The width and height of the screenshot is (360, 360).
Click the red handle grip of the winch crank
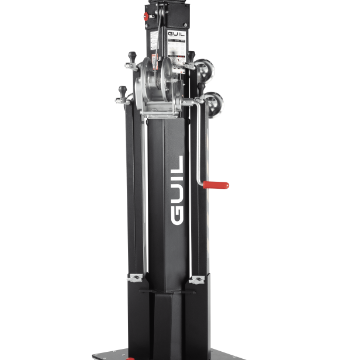click(217, 185)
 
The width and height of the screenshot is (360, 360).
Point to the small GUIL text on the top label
click(176, 34)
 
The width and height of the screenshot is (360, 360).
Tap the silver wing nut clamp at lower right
click(198, 279)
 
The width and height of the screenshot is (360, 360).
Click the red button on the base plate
click(131, 357)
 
